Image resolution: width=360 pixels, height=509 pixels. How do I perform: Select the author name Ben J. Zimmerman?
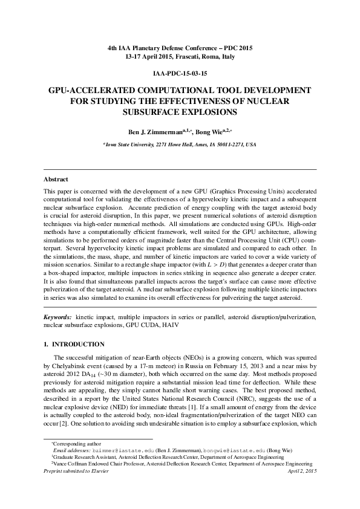151,131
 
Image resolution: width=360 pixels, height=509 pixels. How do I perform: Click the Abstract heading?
56,180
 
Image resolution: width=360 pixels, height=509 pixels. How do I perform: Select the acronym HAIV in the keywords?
170,325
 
